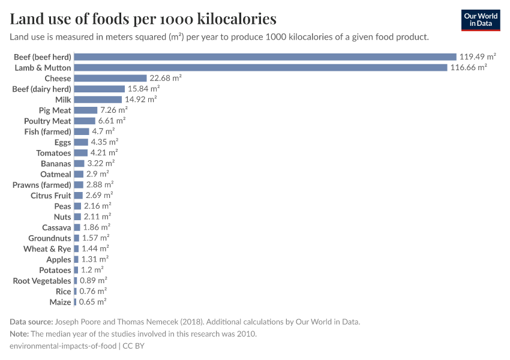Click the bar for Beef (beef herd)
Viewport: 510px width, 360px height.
tap(265, 57)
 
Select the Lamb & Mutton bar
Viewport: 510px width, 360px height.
tap(261, 68)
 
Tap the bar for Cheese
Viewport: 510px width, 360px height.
tap(110, 79)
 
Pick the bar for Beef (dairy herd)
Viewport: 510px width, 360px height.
tap(100, 89)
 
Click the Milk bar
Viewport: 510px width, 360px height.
tap(98, 100)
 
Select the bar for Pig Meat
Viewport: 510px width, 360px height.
tap(86, 110)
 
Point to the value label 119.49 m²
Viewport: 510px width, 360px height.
tap(478, 57)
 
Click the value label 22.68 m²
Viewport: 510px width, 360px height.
tap(166, 79)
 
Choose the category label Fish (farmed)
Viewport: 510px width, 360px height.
tap(48, 131)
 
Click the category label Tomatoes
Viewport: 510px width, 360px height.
tap(53, 153)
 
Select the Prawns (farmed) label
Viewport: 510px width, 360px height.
tap(42, 185)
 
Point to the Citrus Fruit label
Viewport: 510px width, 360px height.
tap(51, 196)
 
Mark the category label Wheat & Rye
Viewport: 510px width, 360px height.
tap(47, 248)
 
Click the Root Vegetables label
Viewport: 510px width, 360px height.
tap(42, 281)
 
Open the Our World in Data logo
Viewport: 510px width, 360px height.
tap(481, 20)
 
